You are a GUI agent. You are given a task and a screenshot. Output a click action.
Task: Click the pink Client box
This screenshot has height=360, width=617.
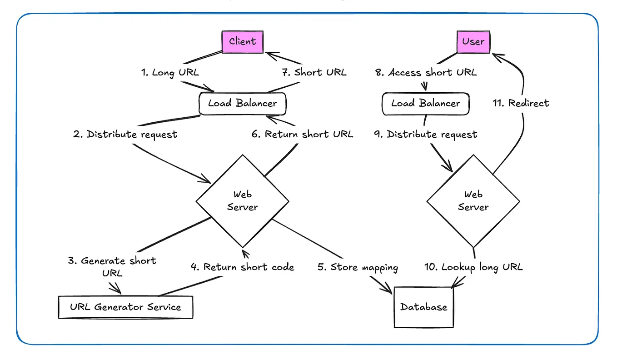tap(242, 41)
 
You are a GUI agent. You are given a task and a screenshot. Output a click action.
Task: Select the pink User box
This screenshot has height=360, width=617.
tap(473, 41)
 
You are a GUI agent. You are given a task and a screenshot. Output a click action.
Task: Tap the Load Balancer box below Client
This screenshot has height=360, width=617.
tap(242, 103)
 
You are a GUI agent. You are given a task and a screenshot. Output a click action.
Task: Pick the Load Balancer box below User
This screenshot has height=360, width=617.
tap(425, 103)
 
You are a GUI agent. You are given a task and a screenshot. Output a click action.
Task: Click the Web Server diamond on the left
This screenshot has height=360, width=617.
tap(242, 200)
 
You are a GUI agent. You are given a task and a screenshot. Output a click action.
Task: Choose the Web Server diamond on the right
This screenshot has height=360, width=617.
tap(473, 200)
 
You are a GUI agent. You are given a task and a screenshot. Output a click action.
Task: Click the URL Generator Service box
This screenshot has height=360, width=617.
tap(125, 307)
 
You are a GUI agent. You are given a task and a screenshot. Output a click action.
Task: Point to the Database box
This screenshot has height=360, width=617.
tap(423, 307)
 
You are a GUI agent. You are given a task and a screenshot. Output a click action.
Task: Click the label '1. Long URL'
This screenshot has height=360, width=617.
tap(169, 72)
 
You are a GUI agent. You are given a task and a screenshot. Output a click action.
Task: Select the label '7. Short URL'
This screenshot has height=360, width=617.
tap(314, 72)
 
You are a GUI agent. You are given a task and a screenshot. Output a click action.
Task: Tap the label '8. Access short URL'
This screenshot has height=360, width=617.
tap(425, 72)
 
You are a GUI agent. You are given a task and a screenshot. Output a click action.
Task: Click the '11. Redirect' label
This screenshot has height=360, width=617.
tap(521, 103)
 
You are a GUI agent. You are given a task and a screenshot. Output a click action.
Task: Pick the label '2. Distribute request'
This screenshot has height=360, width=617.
tap(125, 134)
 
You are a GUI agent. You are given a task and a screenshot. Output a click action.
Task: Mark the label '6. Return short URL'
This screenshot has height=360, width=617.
tap(303, 134)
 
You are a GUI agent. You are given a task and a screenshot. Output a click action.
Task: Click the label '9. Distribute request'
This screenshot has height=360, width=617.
tap(425, 134)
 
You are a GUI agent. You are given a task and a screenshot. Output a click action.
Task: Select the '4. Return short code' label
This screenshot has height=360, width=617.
tap(242, 267)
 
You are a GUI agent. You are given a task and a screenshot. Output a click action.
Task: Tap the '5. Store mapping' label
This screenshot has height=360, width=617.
tap(358, 267)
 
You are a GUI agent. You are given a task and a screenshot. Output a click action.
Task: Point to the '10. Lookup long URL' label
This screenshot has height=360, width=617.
tap(473, 267)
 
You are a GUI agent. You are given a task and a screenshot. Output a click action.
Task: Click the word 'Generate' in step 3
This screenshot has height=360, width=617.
tap(103, 260)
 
